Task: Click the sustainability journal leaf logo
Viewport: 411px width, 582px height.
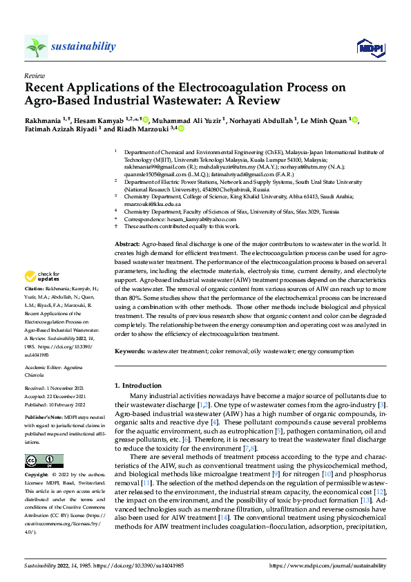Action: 36,46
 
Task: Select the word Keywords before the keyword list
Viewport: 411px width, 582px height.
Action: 131,351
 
